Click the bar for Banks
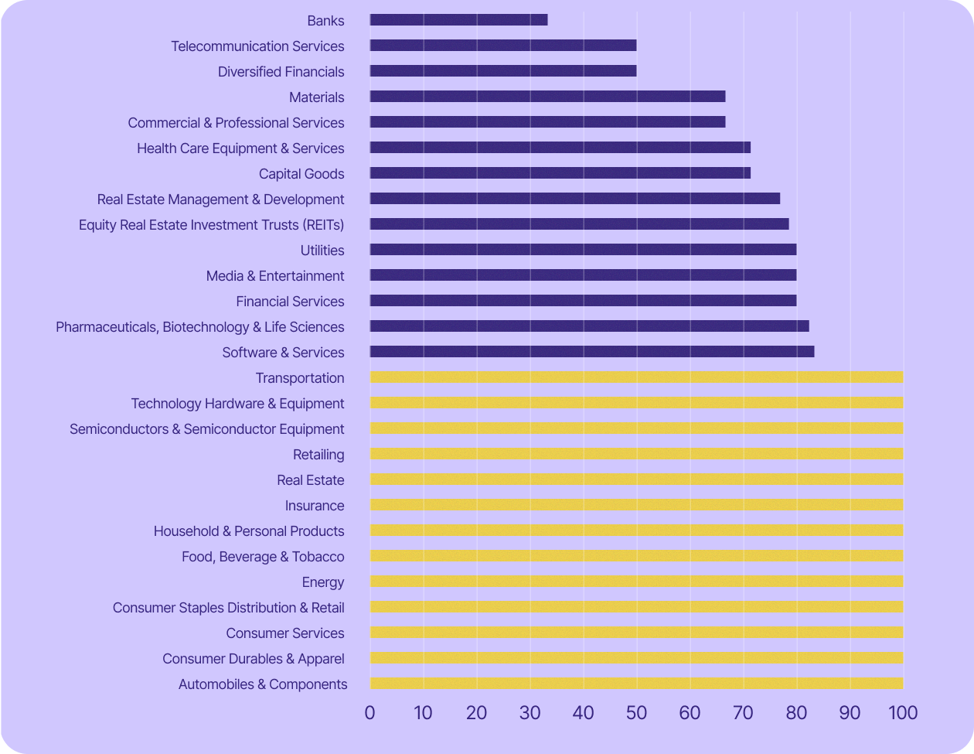click(x=458, y=20)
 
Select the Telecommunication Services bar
click(x=503, y=46)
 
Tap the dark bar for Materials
click(x=547, y=97)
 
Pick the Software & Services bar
click(x=592, y=352)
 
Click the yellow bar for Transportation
click(x=636, y=377)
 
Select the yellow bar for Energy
click(x=636, y=582)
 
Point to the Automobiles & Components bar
click(x=636, y=684)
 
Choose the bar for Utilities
click(x=583, y=250)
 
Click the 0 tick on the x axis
click(x=370, y=712)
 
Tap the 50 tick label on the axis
click(x=636, y=712)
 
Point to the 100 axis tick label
click(x=903, y=712)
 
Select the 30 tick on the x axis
click(x=530, y=712)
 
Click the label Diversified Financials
click(x=281, y=72)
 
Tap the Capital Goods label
click(x=301, y=174)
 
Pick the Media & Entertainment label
click(x=275, y=276)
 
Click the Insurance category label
click(x=315, y=506)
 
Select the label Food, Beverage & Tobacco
click(x=263, y=557)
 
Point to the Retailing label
click(x=318, y=455)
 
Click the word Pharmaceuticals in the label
click(x=107, y=327)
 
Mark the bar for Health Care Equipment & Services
click(x=560, y=148)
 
